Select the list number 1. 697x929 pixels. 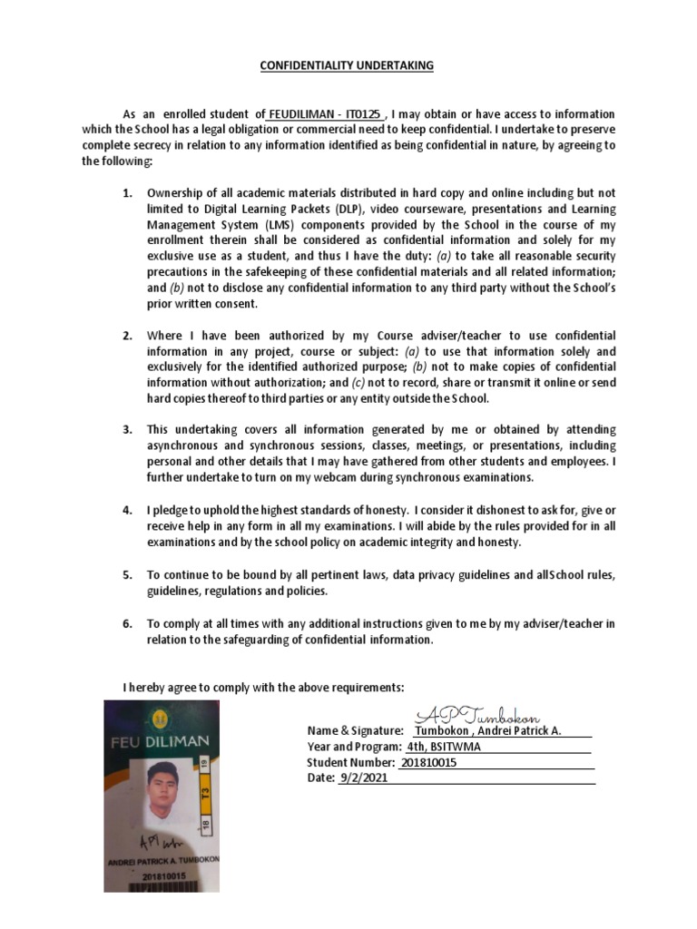coord(128,193)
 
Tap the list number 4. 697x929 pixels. coord(128,510)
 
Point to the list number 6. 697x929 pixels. coord(128,624)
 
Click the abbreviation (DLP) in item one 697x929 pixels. coord(329,208)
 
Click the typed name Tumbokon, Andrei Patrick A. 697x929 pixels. coord(488,731)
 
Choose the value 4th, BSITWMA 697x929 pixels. coord(444,747)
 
